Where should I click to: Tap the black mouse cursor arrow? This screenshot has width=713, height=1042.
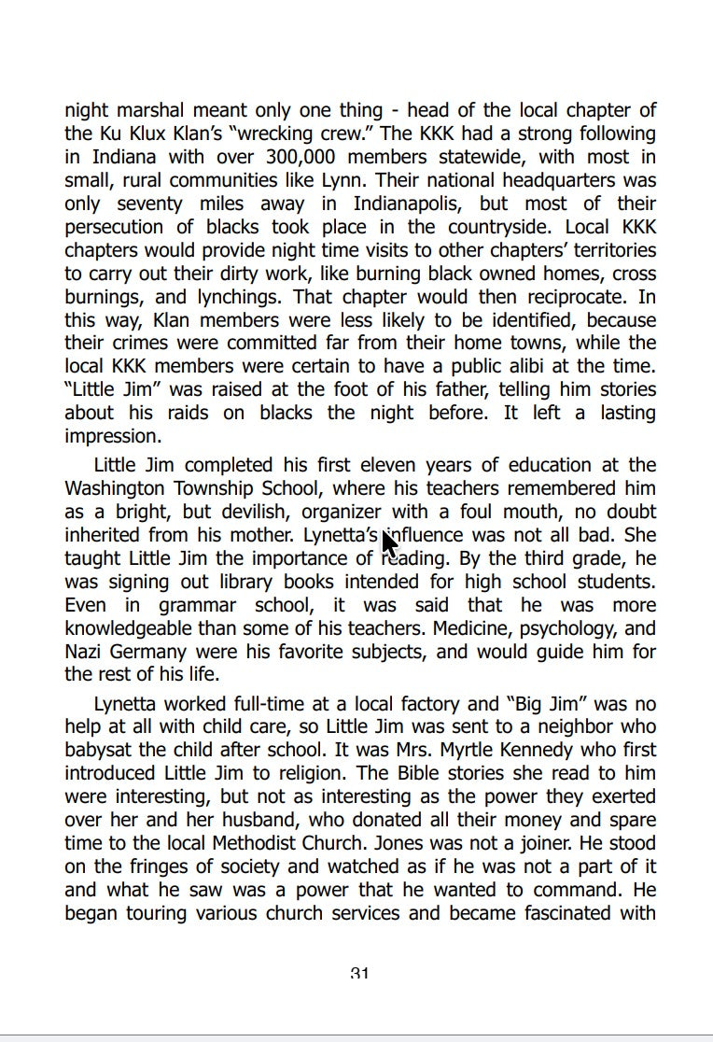pos(389,541)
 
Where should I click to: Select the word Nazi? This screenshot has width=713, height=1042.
pos(85,652)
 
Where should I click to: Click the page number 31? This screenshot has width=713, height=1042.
pos(359,974)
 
